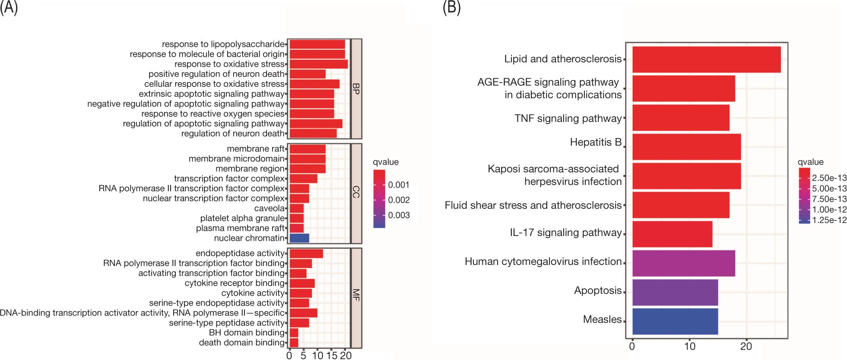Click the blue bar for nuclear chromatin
299,238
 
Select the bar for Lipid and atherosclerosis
706,59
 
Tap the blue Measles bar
675,321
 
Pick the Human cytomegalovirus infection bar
683,263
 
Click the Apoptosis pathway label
597,290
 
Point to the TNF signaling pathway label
568,118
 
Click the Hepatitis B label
596,142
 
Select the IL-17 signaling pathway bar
672,234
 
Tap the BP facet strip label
356,89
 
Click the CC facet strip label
356,194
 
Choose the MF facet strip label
356,298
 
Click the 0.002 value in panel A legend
399,200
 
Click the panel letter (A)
9,8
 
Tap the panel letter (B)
451,8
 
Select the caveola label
270,208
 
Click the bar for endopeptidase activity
306,253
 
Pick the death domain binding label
241,343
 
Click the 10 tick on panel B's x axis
689,346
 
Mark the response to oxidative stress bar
319,64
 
